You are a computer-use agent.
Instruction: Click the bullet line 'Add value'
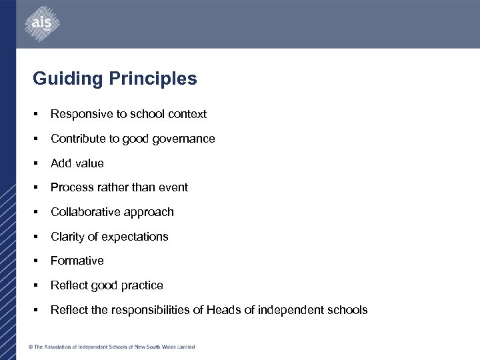pos(77,163)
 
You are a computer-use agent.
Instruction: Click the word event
pos(173,187)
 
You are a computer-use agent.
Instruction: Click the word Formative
pos(77,261)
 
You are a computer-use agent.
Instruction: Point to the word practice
pos(143,285)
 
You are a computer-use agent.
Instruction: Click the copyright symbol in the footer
pos(31,347)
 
